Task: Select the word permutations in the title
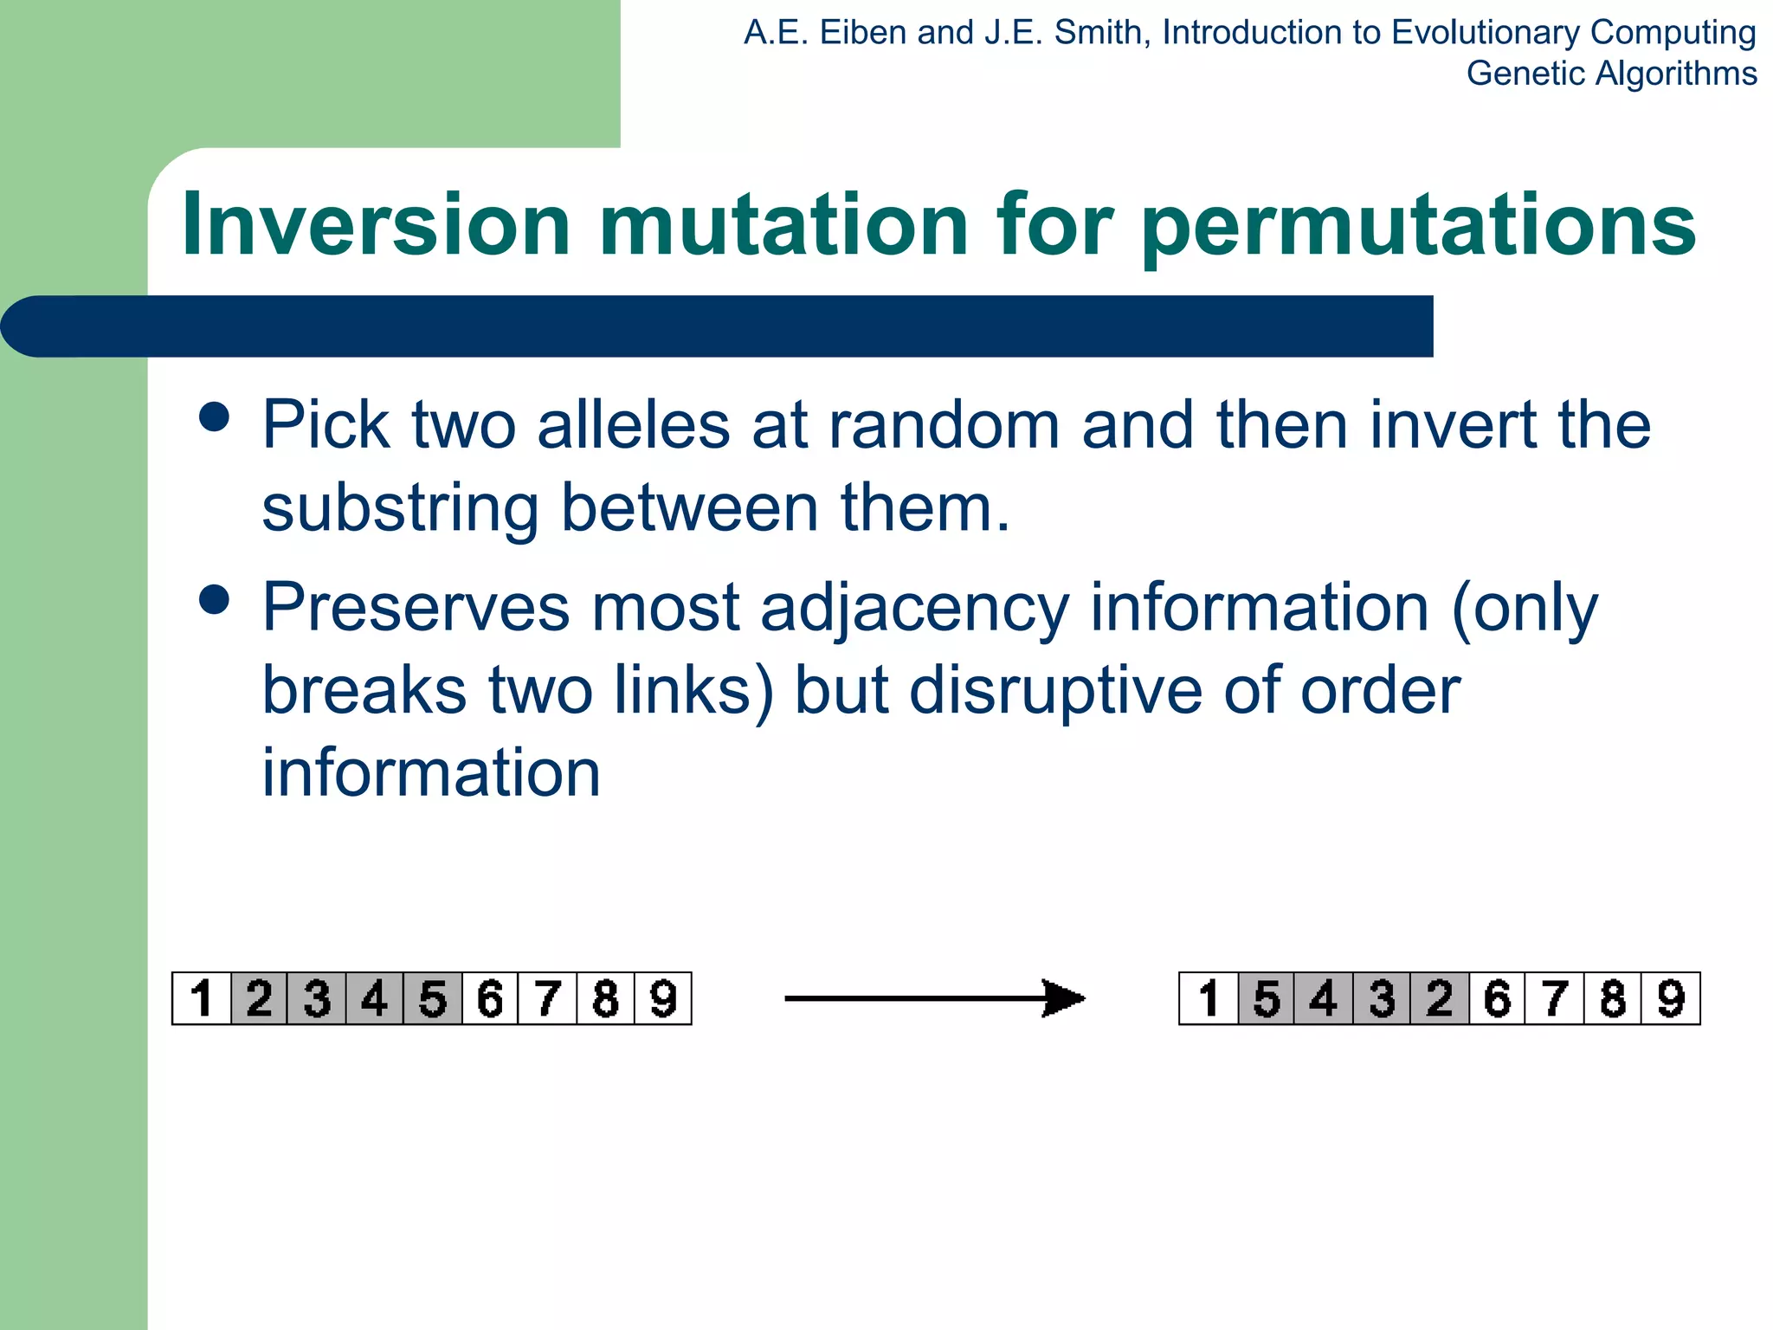1418,227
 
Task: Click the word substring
400,508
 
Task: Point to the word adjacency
914,609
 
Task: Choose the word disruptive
1055,691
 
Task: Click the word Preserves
416,607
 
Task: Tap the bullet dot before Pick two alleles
214,416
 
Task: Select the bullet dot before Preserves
214,599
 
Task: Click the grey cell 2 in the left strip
259,998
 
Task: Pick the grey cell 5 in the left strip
432,998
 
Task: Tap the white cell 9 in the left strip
663,998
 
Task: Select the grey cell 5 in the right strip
1267,998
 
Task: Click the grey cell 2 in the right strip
1439,998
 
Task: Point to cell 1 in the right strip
1209,998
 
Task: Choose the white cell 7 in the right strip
1555,998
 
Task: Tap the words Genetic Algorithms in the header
1611,74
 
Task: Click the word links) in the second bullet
693,691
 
